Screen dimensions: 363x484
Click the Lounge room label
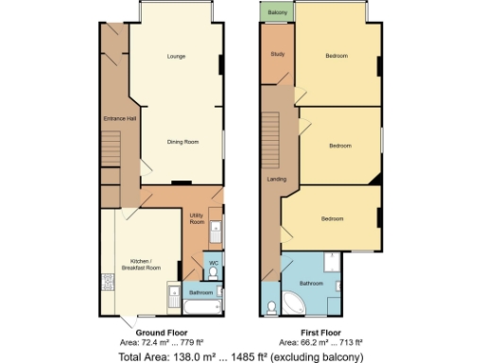[176, 57]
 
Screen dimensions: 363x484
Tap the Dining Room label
[182, 142]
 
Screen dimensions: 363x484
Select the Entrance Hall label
[120, 118]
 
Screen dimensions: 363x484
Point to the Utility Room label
[197, 219]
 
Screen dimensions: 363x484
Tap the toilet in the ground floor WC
[213, 273]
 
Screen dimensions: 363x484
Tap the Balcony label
[277, 12]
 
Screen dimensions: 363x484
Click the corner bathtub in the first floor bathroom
[295, 303]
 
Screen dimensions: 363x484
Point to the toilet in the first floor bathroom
[271, 307]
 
